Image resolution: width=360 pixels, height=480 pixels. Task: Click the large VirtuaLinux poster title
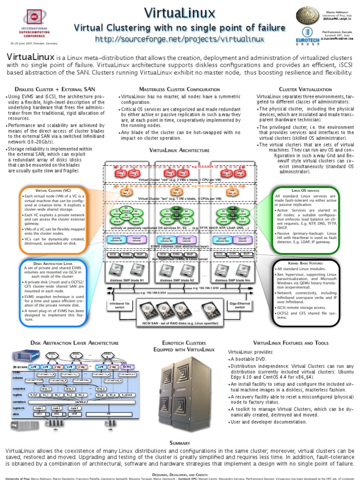click(x=180, y=12)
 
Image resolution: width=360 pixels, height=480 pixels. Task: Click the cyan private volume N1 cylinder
click(x=116, y=240)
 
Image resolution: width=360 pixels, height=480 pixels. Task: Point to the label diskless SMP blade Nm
click(x=232, y=280)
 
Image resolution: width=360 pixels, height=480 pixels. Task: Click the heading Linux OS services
click(x=305, y=191)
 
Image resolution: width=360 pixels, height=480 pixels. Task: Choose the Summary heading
click(x=180, y=443)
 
